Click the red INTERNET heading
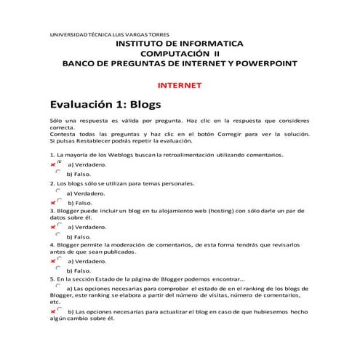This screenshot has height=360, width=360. tap(180, 85)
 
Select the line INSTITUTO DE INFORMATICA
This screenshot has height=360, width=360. tap(180, 44)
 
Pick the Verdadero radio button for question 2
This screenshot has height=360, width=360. tap(58, 191)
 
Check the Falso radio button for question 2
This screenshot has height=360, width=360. tap(58, 201)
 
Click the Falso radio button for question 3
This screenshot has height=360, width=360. tap(58, 234)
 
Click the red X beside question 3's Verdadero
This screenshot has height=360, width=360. tap(53, 227)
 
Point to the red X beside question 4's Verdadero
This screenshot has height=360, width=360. tap(53, 260)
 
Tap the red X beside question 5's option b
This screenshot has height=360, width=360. tap(53, 311)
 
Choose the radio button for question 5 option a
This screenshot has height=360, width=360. tap(58, 287)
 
